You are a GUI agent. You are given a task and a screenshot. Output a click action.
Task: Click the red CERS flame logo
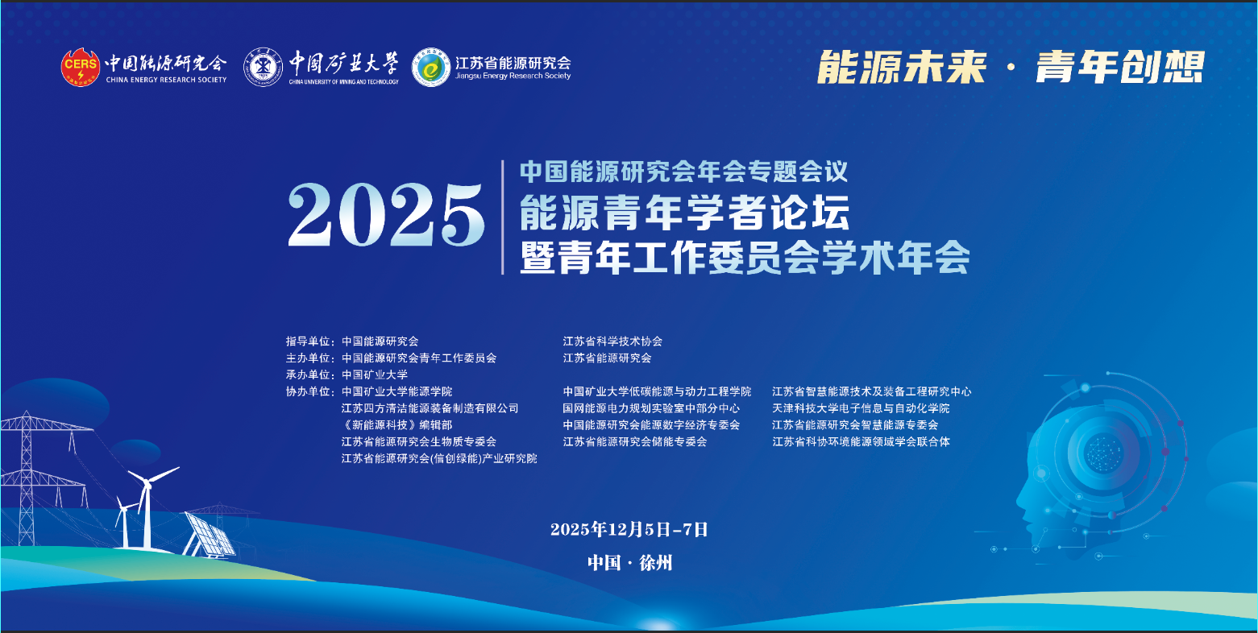point(81,68)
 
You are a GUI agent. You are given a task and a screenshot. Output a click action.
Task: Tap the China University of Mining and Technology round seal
point(263,68)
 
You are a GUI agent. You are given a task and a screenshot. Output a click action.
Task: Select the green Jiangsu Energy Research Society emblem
point(431,68)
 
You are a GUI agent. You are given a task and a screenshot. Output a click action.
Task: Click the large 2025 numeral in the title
point(386,216)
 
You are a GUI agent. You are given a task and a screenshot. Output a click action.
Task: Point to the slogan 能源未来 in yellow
point(901,68)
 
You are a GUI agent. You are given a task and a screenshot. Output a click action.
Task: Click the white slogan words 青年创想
point(1120,68)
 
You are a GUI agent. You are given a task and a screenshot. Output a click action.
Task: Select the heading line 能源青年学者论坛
point(684,213)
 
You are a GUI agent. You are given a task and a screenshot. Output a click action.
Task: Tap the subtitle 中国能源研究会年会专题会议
point(683,172)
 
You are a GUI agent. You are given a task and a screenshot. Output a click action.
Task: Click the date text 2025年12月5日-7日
point(629,529)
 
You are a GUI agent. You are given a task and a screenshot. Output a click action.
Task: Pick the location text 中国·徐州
point(629,562)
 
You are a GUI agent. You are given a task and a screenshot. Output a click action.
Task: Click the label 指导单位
point(308,341)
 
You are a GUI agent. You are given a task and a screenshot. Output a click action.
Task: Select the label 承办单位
point(308,374)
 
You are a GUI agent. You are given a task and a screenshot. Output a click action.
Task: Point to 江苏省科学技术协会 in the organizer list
point(612,341)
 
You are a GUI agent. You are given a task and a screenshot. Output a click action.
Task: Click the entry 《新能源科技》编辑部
point(396,424)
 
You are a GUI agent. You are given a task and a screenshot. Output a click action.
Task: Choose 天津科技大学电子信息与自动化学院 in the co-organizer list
point(861,408)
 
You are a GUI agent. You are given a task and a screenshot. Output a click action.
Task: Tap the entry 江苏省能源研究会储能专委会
point(635,441)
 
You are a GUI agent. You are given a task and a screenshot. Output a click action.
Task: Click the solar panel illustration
point(210,534)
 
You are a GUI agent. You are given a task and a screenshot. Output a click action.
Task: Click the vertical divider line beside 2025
point(503,217)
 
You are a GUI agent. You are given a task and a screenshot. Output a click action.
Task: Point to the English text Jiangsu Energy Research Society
point(513,76)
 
